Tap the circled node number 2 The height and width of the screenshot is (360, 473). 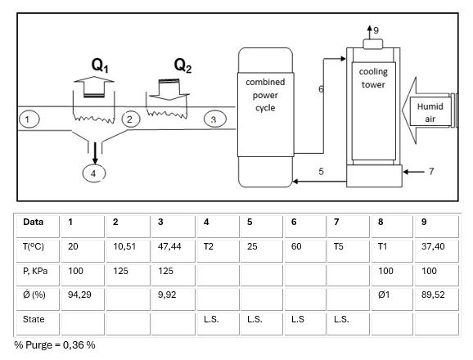(x=129, y=119)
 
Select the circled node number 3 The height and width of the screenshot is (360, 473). (x=213, y=119)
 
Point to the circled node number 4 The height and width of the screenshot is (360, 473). (x=94, y=173)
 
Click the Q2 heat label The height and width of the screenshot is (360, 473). (x=182, y=65)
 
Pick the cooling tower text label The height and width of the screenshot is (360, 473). (x=373, y=78)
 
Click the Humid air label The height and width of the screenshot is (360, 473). (x=430, y=112)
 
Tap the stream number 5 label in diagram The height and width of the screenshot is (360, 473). (x=321, y=171)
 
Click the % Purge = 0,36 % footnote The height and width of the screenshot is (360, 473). (x=55, y=345)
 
